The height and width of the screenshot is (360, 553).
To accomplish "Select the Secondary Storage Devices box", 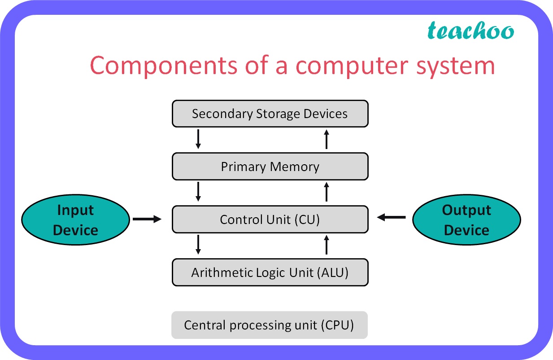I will (x=270, y=114).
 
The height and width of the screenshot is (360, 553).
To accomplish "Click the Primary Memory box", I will (x=270, y=167).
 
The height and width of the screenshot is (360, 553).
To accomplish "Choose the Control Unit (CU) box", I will (x=270, y=220).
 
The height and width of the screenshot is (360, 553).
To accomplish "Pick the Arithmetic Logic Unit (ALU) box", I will (x=270, y=272).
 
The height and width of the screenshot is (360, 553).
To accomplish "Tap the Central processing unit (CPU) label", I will (x=269, y=325).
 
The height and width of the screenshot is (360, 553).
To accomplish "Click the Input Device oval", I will (x=75, y=220).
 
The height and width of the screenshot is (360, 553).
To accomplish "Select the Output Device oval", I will (x=466, y=220).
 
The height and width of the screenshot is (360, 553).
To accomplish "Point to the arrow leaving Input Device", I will (x=147, y=219).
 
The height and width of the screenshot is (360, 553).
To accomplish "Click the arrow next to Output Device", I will (x=392, y=218).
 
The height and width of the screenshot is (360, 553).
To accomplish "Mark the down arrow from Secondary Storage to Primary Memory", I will (x=198, y=140).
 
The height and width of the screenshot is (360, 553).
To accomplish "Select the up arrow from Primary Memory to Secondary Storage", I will (x=327, y=139).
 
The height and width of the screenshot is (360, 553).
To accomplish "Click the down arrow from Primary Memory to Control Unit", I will (x=198, y=192).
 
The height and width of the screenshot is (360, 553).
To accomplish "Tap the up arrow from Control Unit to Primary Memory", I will (x=327, y=192).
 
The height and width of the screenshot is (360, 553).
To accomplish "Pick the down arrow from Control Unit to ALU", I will (x=198, y=245).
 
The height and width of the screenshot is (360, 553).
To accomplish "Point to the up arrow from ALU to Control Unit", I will (x=327, y=245).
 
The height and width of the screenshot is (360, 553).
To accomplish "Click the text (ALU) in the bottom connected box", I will (x=332, y=272).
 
